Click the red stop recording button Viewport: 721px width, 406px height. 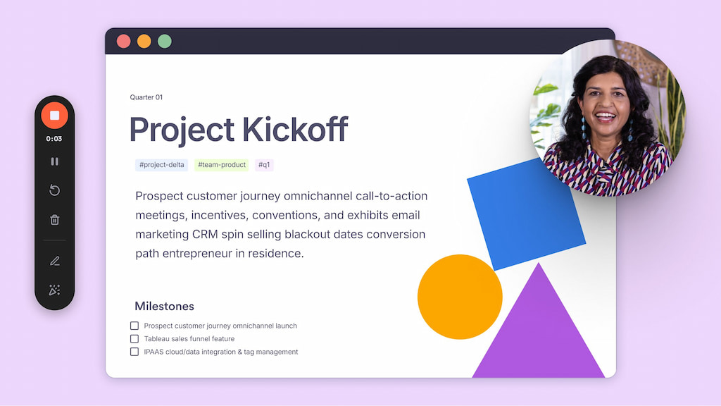(x=54, y=115)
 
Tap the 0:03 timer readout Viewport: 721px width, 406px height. (x=54, y=139)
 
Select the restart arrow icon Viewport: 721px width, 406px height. (x=54, y=190)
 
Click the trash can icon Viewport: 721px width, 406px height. (x=54, y=220)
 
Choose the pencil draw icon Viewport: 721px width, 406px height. (x=55, y=261)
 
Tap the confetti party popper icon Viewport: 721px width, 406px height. (x=54, y=290)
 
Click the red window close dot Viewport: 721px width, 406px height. (x=123, y=42)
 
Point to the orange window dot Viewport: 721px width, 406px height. (x=144, y=42)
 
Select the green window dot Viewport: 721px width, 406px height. (x=165, y=42)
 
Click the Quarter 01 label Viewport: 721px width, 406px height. (x=146, y=97)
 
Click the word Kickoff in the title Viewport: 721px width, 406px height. (x=295, y=129)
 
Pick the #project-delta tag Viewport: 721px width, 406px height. (x=161, y=165)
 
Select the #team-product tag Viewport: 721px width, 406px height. (x=222, y=165)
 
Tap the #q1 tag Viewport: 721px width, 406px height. (x=264, y=165)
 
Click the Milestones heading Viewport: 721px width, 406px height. (x=164, y=306)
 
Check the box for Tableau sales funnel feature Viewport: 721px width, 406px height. (x=134, y=339)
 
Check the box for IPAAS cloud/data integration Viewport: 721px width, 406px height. (x=134, y=352)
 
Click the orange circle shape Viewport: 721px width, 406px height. (x=460, y=297)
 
